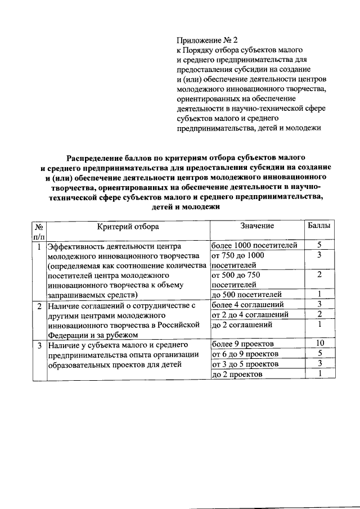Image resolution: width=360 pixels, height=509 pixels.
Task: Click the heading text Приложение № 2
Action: (x=208, y=40)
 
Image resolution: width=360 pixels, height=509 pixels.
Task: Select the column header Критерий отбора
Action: (x=128, y=226)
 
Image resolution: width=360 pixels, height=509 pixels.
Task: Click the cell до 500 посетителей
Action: (x=245, y=294)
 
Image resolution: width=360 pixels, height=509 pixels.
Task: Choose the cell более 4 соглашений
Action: (x=247, y=304)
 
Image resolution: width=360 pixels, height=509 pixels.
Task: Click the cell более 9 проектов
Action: (x=242, y=344)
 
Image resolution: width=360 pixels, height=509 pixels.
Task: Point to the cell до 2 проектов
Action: (x=237, y=375)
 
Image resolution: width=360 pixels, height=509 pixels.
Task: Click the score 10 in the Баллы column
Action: (x=319, y=344)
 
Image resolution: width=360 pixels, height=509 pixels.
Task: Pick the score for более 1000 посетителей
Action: (x=319, y=245)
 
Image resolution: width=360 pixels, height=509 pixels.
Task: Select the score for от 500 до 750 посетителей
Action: (x=319, y=274)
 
